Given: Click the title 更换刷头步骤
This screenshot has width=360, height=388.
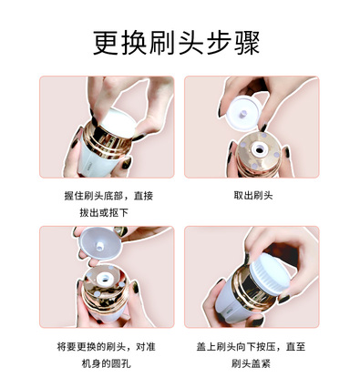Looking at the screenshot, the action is tap(176, 43).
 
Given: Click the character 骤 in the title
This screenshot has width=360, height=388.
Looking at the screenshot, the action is tap(247, 43).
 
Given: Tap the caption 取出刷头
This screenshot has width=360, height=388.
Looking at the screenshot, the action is tap(253, 195).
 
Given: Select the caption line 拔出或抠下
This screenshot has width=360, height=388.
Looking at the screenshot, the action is tap(104, 212).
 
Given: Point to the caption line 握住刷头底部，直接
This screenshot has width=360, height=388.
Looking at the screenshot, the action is tap(108, 196).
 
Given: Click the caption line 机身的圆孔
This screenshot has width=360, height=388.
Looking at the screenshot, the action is tap(107, 363).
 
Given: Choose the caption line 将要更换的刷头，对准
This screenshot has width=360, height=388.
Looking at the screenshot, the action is tap(107, 346).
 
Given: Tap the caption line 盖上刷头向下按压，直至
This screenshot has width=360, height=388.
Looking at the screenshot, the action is tap(251, 346).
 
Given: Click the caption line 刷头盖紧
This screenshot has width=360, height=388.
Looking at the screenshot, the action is tap(251, 363).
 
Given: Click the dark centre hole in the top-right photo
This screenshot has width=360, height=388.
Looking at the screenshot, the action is tap(260, 149).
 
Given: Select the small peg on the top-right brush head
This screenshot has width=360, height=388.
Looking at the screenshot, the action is tap(242, 114).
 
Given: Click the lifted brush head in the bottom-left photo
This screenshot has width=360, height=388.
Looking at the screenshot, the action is tap(100, 243).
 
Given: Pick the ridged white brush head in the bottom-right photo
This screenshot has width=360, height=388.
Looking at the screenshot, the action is tap(270, 274).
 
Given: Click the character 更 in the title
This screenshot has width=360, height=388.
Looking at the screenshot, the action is tap(106, 43).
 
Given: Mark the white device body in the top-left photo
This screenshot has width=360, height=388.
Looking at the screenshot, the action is tap(95, 158).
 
